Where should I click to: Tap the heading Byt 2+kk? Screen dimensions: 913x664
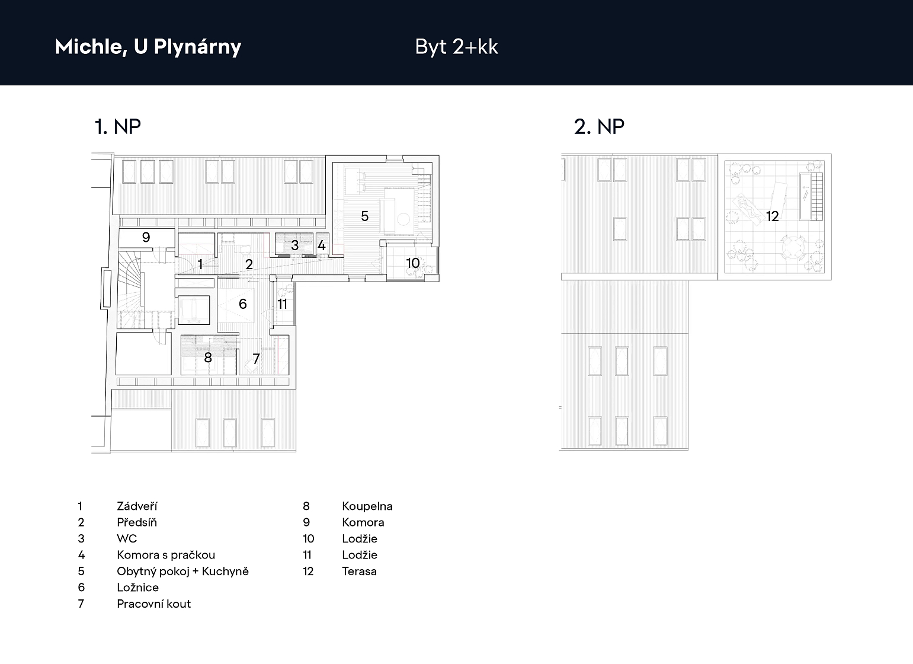coord(456,46)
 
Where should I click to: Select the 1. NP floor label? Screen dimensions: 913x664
coord(117,126)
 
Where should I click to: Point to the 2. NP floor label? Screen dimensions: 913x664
coord(599,126)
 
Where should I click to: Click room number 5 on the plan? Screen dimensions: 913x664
coord(365,216)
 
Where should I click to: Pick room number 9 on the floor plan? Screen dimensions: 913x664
coord(146,237)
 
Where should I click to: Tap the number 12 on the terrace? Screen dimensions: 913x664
coord(773,216)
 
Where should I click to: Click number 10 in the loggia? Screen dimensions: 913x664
coord(413,263)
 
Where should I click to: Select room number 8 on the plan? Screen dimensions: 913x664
coord(208,357)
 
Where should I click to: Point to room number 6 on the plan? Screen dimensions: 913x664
coord(242,304)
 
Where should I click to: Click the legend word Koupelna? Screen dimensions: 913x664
coord(367,506)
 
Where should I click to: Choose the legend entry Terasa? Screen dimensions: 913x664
coord(359,571)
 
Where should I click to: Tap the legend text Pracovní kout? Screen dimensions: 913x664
coord(153,604)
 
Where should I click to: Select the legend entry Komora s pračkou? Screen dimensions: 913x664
coord(166,555)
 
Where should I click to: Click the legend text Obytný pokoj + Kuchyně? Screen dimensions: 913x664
coord(182,572)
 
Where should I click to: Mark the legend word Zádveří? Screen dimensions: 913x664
coord(137,506)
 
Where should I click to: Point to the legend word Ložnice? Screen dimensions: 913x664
coord(138,588)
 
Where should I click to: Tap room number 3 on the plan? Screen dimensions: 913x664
coord(294,245)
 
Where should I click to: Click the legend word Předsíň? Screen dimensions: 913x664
coord(137,522)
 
